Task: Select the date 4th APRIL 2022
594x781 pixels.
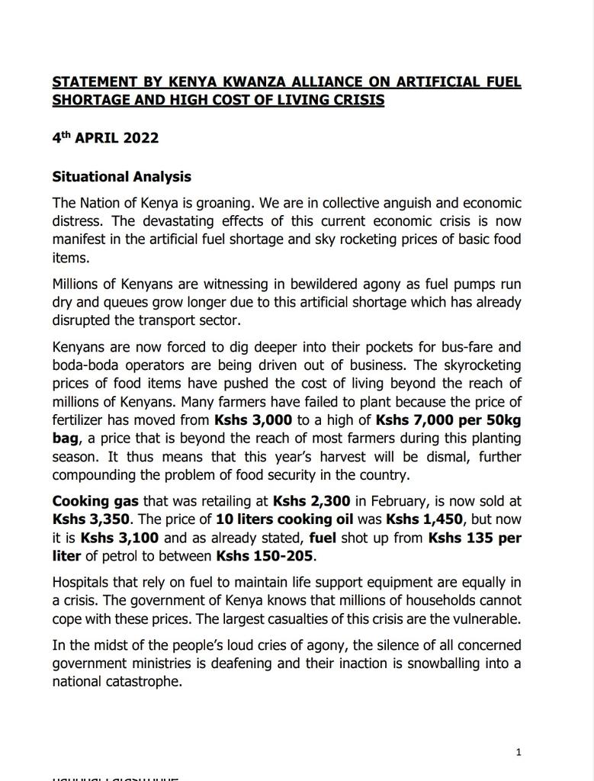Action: [105, 138]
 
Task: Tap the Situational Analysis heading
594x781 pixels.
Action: [121, 177]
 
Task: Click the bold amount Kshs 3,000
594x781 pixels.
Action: [253, 420]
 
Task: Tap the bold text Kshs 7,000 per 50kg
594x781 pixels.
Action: [448, 420]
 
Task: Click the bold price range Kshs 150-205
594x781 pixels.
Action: [265, 557]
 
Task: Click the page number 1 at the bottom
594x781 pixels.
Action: [519, 753]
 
